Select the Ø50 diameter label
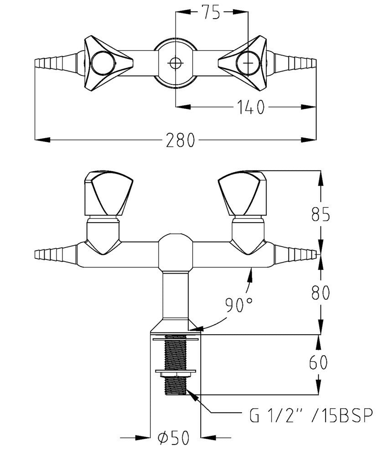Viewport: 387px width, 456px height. pos(175,439)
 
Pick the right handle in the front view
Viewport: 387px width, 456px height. pos(242,192)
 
